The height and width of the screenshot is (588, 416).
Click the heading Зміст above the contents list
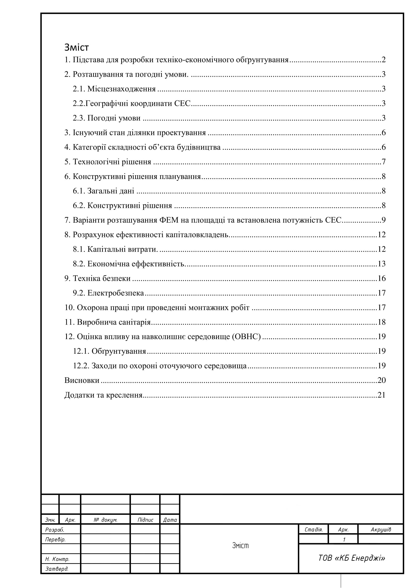point(77,47)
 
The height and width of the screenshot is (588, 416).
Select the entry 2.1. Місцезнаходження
point(114,89)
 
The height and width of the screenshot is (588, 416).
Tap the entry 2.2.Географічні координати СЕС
point(132,104)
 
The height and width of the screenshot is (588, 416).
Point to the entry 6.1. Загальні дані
point(103,191)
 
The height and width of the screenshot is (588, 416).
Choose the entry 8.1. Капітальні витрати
point(115,249)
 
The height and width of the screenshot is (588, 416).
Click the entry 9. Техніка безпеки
point(97,278)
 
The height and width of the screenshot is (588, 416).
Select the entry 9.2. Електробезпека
point(108,293)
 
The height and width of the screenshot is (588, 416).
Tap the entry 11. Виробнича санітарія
point(107,322)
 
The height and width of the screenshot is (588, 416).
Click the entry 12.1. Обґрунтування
point(110,351)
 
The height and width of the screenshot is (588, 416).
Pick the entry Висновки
point(82,380)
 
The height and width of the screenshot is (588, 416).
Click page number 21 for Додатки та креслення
point(382,395)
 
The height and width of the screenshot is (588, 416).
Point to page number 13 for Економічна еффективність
point(382,264)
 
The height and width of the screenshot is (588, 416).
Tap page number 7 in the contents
point(384,162)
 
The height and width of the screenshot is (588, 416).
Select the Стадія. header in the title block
point(314,530)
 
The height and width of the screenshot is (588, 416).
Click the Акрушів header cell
point(381,530)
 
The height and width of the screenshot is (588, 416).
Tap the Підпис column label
point(145,520)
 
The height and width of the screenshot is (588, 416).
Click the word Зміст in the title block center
point(240,546)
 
